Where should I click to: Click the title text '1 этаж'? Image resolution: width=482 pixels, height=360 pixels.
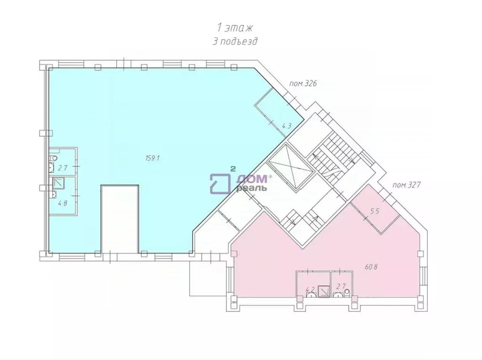pyautogui.click(x=235, y=28)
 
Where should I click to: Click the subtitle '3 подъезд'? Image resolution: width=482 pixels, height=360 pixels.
pyautogui.click(x=235, y=41)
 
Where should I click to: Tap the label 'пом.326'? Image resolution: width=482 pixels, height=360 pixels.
pyautogui.click(x=303, y=83)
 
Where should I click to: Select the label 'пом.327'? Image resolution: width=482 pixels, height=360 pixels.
pyautogui.click(x=406, y=185)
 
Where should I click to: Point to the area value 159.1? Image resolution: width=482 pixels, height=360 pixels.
pyautogui.click(x=153, y=158)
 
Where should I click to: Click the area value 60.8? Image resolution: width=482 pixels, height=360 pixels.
pyautogui.click(x=371, y=267)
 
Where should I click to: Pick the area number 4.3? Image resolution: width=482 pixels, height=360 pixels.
pyautogui.click(x=286, y=125)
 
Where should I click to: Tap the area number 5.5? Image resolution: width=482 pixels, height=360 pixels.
pyautogui.click(x=375, y=211)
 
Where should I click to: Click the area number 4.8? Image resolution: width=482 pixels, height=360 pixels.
pyautogui.click(x=62, y=203)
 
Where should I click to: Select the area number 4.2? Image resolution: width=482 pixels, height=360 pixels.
pyautogui.click(x=310, y=289)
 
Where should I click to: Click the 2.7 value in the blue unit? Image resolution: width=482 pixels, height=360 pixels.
pyautogui.click(x=63, y=168)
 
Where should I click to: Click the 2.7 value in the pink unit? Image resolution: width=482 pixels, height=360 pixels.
pyautogui.click(x=341, y=286)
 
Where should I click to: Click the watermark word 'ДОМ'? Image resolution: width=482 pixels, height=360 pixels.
pyautogui.click(x=253, y=179)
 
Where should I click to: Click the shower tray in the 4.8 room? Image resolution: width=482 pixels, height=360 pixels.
pyautogui.click(x=58, y=184)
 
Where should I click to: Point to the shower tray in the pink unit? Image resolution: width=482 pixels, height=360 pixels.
pyautogui.click(x=323, y=291)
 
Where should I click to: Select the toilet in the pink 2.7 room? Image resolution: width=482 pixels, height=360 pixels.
pyautogui.click(x=347, y=292)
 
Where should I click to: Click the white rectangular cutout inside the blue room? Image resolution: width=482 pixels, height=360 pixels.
pyautogui.click(x=120, y=219)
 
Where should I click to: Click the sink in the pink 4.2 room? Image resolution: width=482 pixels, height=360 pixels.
pyautogui.click(x=310, y=295)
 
